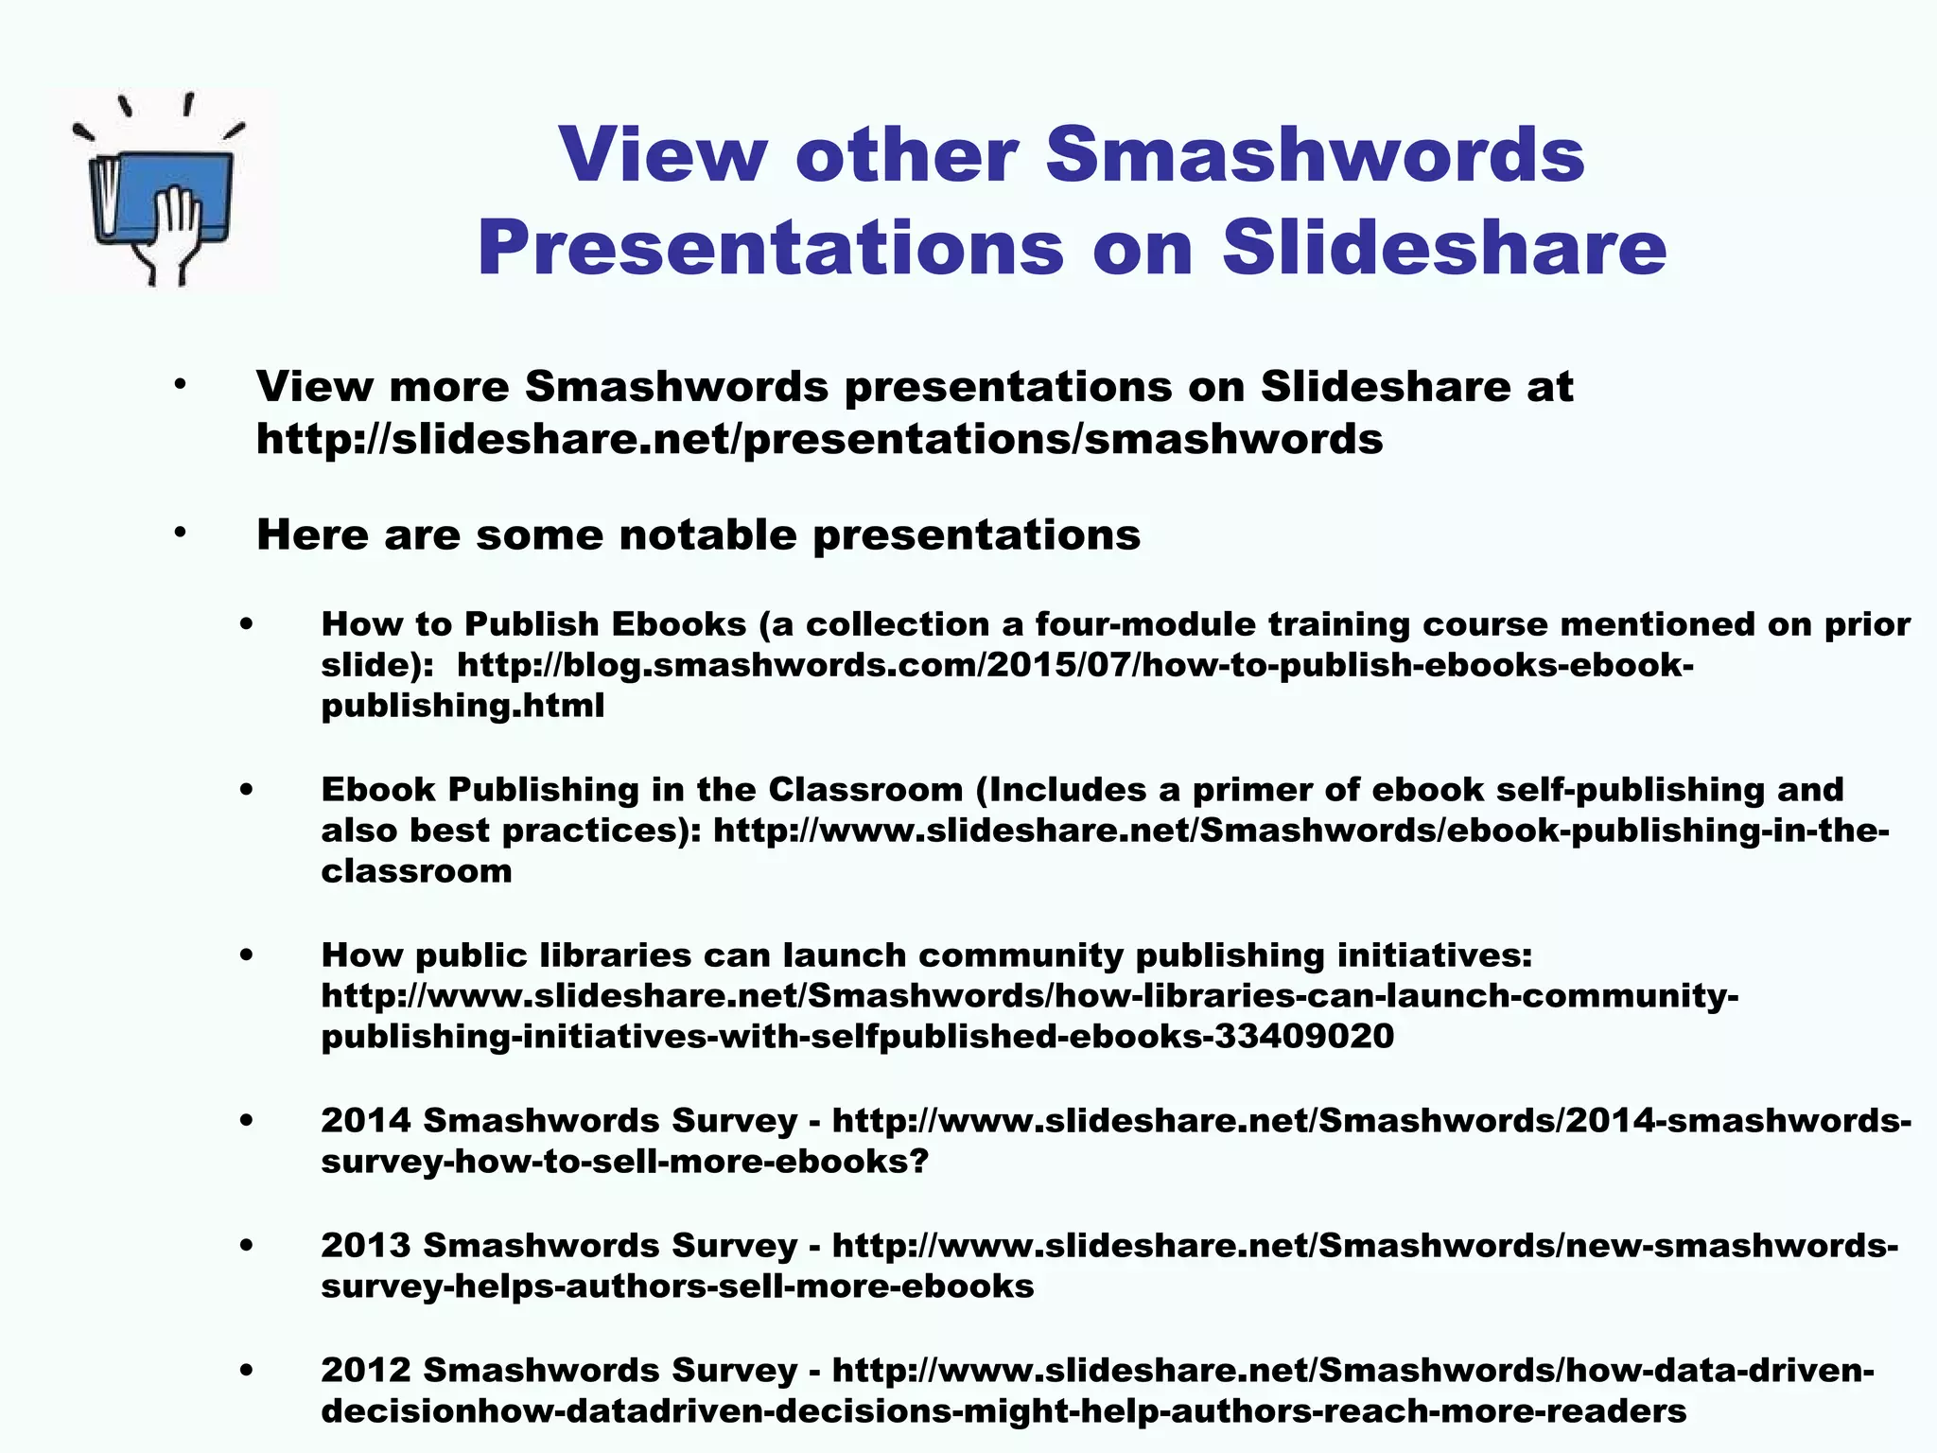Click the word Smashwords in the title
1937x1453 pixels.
click(x=1315, y=154)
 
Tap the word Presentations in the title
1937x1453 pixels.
click(x=771, y=248)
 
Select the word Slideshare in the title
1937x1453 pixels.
click(x=1444, y=248)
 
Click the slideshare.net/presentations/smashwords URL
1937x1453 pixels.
click(x=819, y=439)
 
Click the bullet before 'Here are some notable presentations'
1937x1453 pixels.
click(x=180, y=533)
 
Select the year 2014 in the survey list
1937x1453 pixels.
click(x=366, y=1121)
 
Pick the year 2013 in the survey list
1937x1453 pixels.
click(x=366, y=1246)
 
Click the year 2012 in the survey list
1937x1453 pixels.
click(x=366, y=1371)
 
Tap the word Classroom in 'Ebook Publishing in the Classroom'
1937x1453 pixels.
click(x=865, y=790)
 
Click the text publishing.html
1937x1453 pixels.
click(x=462, y=706)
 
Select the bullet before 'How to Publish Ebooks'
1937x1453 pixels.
click(x=247, y=624)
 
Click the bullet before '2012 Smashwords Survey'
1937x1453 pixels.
click(x=247, y=1371)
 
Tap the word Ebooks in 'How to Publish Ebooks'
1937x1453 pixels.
click(x=679, y=624)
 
